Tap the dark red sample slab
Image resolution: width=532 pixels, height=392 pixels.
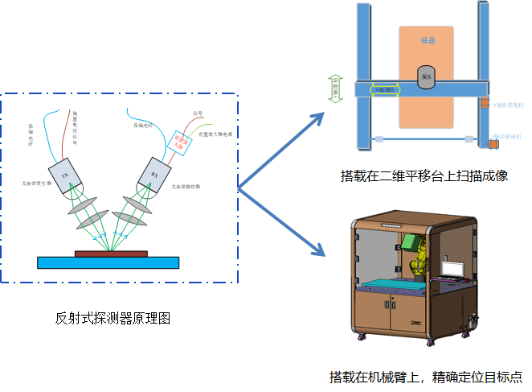pyautogui.click(x=111, y=253)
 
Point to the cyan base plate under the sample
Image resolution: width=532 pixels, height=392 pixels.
pyautogui.click(x=108, y=262)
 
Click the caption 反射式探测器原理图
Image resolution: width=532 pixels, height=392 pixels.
pyautogui.click(x=113, y=319)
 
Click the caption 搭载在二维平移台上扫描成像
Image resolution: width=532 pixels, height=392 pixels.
pyautogui.click(x=424, y=175)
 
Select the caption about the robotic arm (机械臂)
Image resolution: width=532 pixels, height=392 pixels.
pyautogui.click(x=425, y=376)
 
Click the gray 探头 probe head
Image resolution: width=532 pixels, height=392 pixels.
pyautogui.click(x=426, y=76)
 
